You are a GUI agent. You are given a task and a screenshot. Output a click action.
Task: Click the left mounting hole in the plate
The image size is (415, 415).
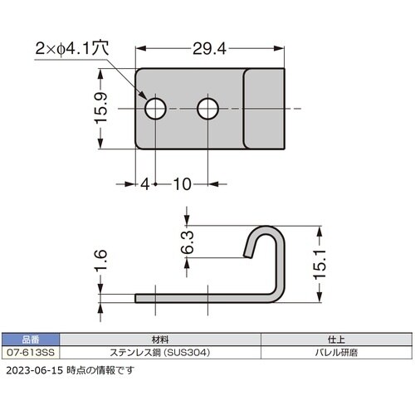coord(154,109)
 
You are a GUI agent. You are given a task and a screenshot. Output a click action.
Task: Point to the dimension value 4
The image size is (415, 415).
coord(145,183)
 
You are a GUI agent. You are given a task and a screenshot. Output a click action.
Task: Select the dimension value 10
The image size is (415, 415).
coord(183,183)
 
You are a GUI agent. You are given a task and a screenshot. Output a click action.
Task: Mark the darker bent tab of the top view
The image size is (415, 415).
coord(264,109)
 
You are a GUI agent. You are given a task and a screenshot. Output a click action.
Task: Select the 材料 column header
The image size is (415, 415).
coord(162,339)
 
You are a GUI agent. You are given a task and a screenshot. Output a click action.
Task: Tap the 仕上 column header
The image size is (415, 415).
coord(337,339)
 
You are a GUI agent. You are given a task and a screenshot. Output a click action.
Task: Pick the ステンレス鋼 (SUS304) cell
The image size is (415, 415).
coord(162,351)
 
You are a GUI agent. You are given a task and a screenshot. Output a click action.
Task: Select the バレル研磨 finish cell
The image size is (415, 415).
coord(337,351)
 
